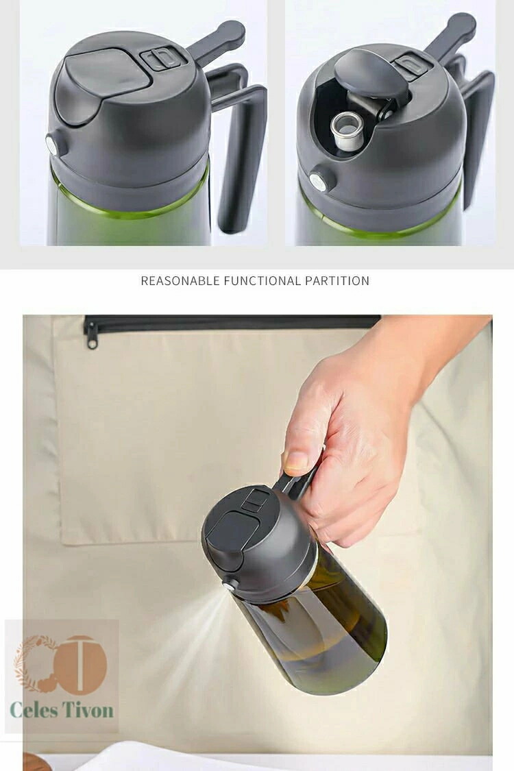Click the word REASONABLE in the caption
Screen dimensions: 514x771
pyautogui.click(x=180, y=281)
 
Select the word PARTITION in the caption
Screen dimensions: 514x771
pyautogui.click(x=337, y=281)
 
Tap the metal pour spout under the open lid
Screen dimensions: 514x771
pyautogui.click(x=347, y=130)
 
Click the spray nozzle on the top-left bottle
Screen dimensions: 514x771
pyautogui.click(x=52, y=145)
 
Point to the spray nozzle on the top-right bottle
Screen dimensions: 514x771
pyautogui.click(x=319, y=182)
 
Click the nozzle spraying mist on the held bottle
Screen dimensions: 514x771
pyautogui.click(x=228, y=585)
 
